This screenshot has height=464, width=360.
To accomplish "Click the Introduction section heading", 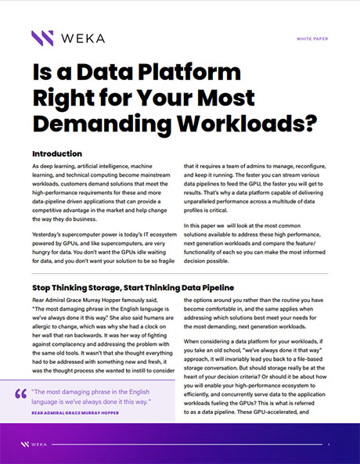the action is coord(68,154).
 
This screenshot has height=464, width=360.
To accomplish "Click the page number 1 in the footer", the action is coord(329,444).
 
